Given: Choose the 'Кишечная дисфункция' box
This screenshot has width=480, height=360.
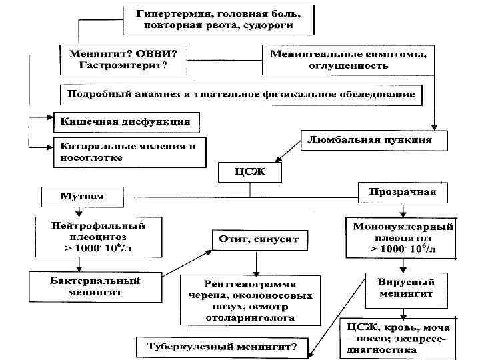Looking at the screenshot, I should [x=125, y=122].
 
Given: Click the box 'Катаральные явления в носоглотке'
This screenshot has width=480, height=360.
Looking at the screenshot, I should [x=129, y=152].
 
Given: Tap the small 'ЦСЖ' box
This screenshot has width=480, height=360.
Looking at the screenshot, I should [x=250, y=173].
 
